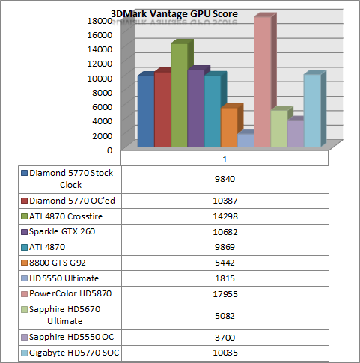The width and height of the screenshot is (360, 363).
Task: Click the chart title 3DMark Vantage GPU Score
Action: click(x=174, y=14)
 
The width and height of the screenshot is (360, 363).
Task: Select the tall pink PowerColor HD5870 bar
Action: click(x=262, y=82)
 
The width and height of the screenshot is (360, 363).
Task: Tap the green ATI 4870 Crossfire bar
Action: click(x=179, y=95)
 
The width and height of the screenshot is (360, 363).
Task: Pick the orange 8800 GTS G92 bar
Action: click(x=229, y=127)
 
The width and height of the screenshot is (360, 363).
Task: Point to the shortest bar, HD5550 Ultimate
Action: click(x=245, y=141)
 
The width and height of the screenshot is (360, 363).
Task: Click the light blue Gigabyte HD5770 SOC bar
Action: click(x=312, y=111)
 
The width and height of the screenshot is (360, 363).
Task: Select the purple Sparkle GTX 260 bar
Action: click(x=195, y=109)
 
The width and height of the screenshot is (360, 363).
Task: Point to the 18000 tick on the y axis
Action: click(x=100, y=21)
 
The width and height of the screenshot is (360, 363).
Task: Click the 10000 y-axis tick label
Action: click(x=100, y=79)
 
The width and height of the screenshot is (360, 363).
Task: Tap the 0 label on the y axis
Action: click(x=109, y=150)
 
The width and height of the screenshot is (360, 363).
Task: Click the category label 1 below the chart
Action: click(x=225, y=159)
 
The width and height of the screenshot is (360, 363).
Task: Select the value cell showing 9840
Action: click(x=225, y=179)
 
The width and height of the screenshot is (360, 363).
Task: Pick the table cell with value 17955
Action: click(x=225, y=294)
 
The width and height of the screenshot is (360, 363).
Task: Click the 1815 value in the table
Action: click(x=225, y=278)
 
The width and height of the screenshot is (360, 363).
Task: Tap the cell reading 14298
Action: click(x=225, y=216)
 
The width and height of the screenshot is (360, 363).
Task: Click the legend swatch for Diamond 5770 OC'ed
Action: click(x=24, y=201)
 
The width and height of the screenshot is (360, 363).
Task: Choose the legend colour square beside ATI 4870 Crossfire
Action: click(x=24, y=216)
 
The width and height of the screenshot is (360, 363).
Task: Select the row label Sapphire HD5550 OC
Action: click(x=71, y=337)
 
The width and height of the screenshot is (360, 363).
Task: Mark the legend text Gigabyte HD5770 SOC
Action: click(x=74, y=353)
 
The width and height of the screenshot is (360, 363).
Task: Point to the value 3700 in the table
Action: click(x=225, y=338)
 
